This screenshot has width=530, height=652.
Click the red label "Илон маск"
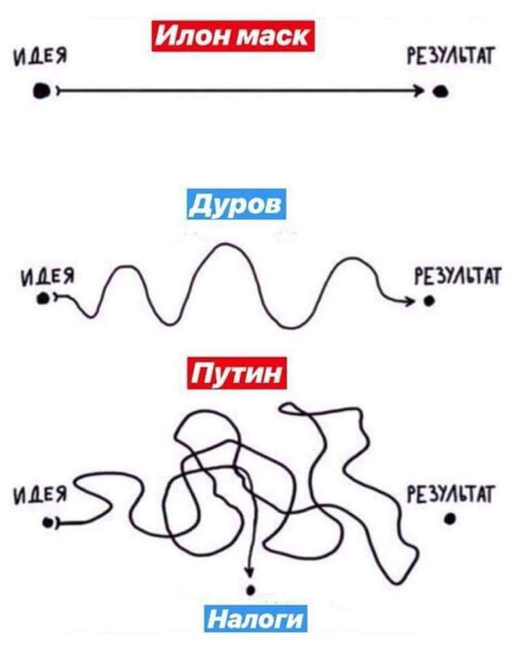click(x=233, y=36)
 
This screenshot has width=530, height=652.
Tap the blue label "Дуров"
click(x=236, y=204)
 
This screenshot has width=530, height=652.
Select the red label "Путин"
click(x=237, y=373)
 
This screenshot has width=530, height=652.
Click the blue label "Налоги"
click(x=255, y=618)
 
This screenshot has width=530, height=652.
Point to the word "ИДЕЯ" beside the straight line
click(x=40, y=57)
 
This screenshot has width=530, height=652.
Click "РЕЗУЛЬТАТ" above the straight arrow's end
click(x=450, y=56)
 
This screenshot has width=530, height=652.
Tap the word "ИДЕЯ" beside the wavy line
click(x=48, y=276)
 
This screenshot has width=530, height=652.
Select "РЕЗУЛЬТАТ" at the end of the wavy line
click(x=457, y=276)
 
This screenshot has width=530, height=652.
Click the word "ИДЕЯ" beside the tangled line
click(x=40, y=495)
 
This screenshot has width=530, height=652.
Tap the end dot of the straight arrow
click(x=440, y=91)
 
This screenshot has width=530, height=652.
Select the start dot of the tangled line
click(x=49, y=522)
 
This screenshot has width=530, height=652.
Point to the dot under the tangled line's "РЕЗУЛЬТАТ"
click(x=450, y=518)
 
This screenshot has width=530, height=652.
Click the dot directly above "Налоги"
click(x=250, y=590)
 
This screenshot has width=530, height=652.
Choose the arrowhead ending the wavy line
click(x=410, y=301)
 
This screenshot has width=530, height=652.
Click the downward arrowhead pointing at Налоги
click(x=249, y=572)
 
